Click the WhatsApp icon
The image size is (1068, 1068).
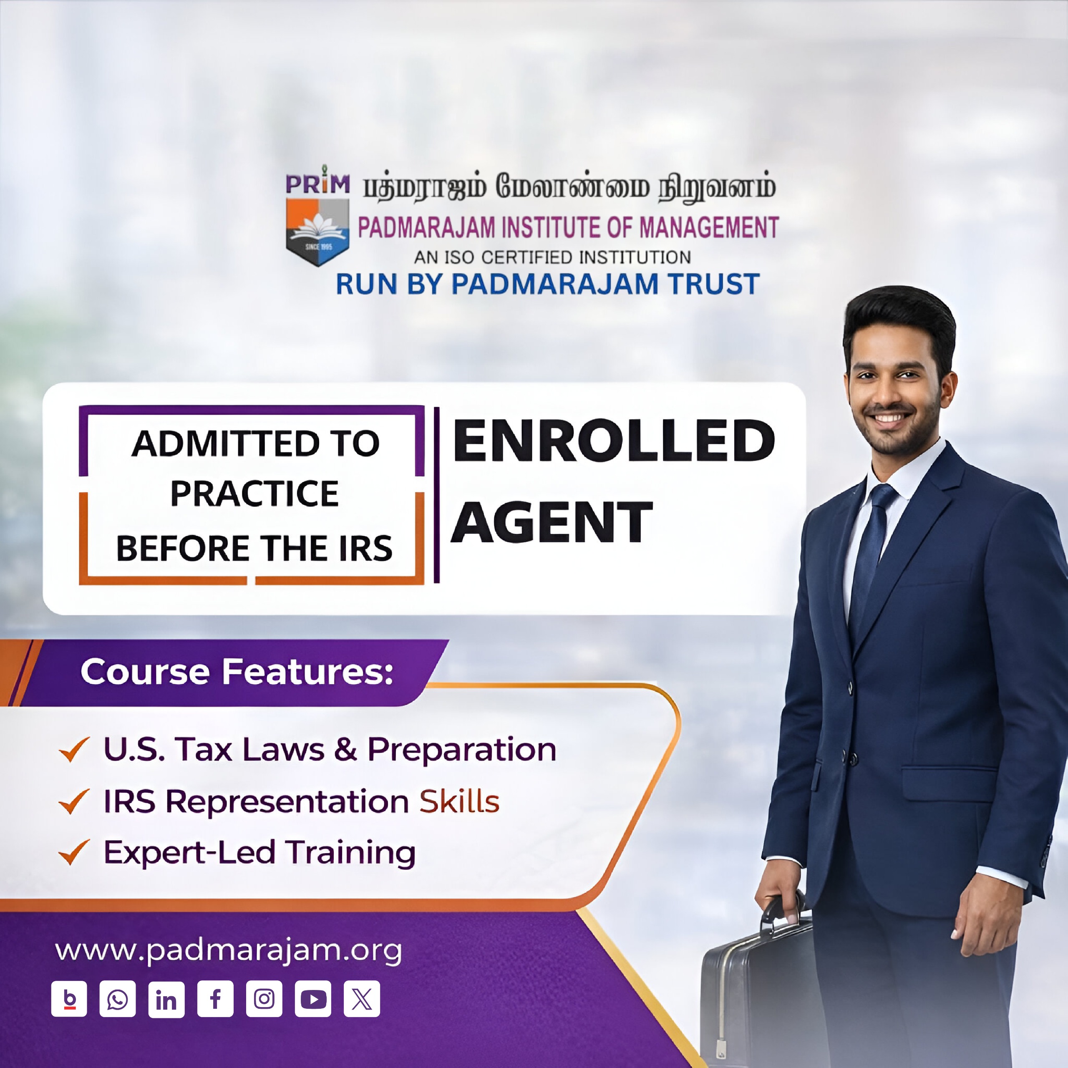(117, 999)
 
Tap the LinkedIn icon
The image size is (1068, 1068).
(166, 999)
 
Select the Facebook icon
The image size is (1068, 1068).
(215, 999)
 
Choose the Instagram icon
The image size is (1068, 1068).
(264, 999)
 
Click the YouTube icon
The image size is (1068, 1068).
(313, 999)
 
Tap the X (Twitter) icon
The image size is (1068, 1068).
(362, 999)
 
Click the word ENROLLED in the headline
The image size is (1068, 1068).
(614, 441)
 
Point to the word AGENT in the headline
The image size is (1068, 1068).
(552, 522)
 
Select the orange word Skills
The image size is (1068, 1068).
(459, 801)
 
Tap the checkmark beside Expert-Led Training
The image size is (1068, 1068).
(73, 852)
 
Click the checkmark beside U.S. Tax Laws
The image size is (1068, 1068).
(73, 750)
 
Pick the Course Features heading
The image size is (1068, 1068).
(237, 672)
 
